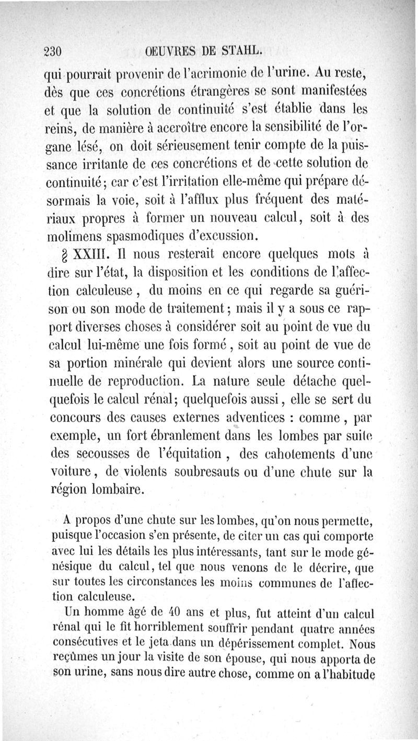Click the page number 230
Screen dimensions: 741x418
(x=53, y=52)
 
